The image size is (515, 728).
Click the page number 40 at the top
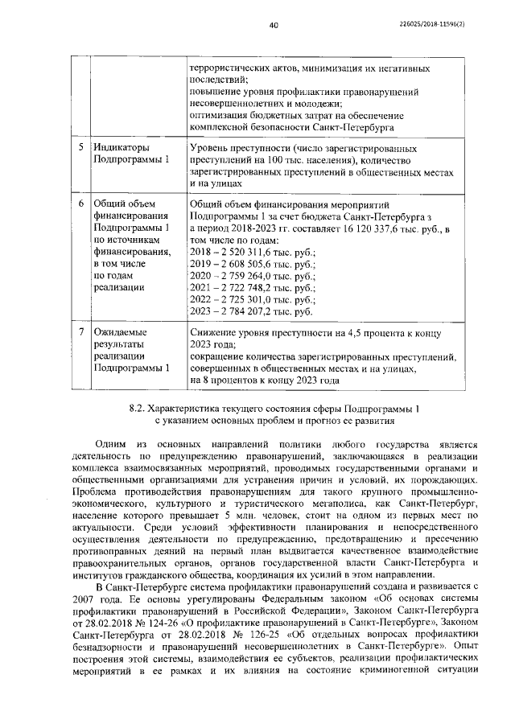[273, 25]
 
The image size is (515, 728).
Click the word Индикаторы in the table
[121, 149]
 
